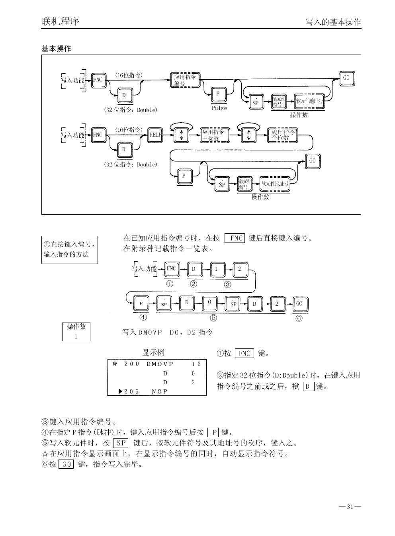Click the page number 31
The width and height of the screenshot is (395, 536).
click(350, 507)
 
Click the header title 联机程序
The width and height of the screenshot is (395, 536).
click(61, 21)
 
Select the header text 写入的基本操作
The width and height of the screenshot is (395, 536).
click(333, 22)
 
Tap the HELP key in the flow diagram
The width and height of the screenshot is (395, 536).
click(155, 135)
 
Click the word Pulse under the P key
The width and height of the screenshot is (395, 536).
click(219, 108)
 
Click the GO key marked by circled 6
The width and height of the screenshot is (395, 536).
click(299, 303)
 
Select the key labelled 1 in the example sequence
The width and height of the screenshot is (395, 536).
click(216, 269)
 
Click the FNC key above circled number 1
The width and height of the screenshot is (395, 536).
click(171, 269)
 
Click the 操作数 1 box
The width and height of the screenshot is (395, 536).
click(76, 331)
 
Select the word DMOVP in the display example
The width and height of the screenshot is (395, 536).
click(160, 364)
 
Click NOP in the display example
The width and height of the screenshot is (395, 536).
click(160, 391)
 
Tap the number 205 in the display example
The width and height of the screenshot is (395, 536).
click(131, 391)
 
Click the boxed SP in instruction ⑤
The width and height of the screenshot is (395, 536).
click(120, 443)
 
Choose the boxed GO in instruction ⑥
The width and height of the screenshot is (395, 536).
click(66, 464)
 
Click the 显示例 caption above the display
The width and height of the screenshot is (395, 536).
click(153, 353)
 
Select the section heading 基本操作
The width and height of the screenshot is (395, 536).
click(57, 49)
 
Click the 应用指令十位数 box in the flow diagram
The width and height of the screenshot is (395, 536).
click(215, 135)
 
